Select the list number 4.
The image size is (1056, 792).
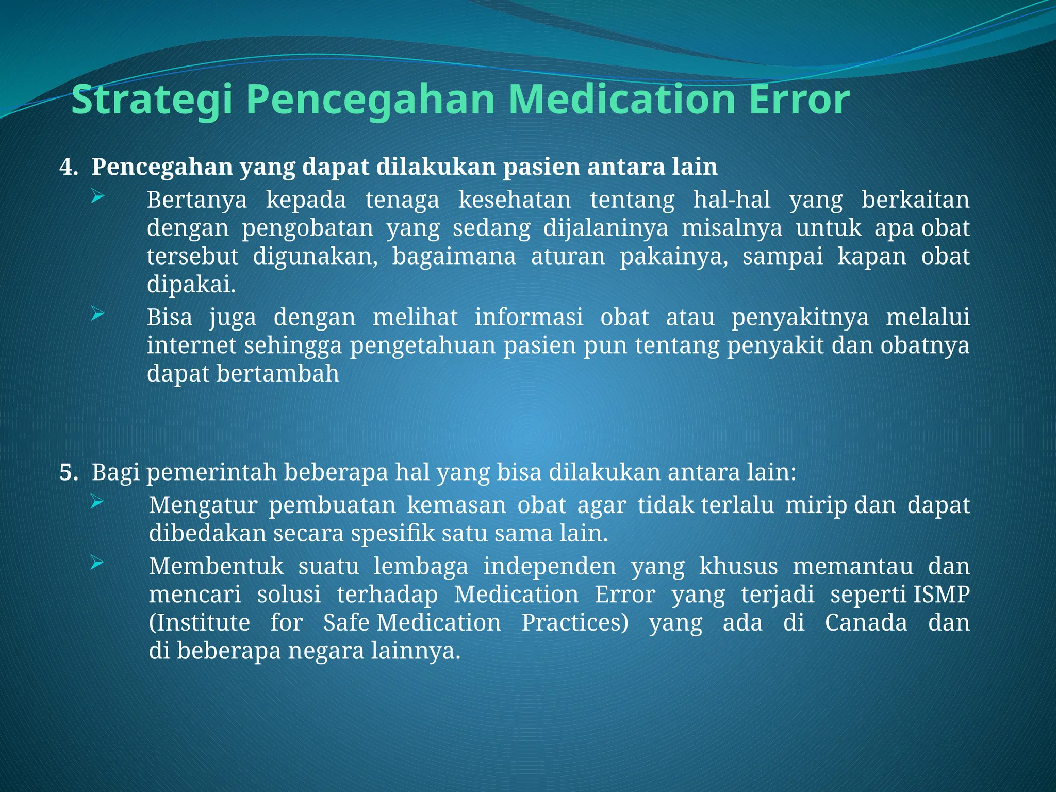(68, 168)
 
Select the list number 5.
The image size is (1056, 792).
(68, 473)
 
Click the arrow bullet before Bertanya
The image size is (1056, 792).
(98, 196)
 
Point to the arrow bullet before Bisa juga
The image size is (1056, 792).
(98, 313)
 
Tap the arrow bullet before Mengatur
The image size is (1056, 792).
(98, 502)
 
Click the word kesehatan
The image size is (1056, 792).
(515, 200)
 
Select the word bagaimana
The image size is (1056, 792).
(454, 257)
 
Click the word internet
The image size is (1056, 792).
(191, 345)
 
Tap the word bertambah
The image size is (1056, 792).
(277, 374)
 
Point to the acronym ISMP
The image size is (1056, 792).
(942, 595)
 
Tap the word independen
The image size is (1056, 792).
(549, 567)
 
